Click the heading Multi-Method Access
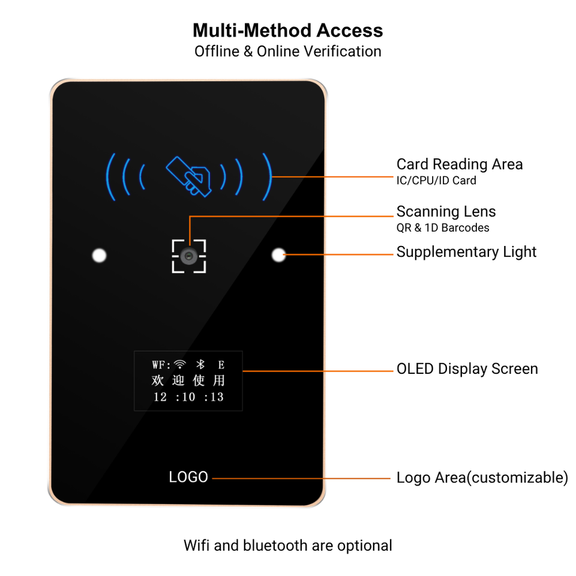[x=288, y=30]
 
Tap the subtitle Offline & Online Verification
[x=288, y=52]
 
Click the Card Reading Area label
[x=459, y=164]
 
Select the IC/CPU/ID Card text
[x=436, y=181]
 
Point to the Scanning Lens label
[x=446, y=212]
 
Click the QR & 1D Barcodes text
[x=443, y=228]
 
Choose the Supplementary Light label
[x=466, y=252]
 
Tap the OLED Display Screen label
[x=467, y=368]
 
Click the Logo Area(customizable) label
[x=482, y=478]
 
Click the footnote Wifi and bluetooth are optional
[x=288, y=545]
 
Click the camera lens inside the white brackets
[x=189, y=256]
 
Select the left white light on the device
[x=100, y=256]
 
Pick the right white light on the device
[x=278, y=255]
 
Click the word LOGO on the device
[x=188, y=477]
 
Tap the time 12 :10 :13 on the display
[x=188, y=397]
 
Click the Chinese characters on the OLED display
[x=188, y=380]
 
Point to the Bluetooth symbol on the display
[x=202, y=364]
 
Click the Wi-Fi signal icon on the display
[x=181, y=364]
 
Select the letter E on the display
[x=221, y=364]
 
